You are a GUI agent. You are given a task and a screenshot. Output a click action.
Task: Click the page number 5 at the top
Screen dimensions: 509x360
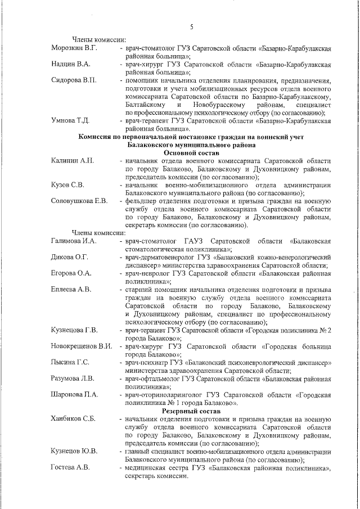(191, 26)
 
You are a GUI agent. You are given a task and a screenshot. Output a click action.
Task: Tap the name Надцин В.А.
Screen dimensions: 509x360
(70, 64)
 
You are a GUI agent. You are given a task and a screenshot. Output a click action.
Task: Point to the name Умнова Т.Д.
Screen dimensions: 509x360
(70, 120)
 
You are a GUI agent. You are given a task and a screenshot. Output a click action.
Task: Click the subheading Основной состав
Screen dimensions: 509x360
(191, 152)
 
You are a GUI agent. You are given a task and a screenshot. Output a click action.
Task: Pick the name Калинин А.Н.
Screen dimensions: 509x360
(71, 161)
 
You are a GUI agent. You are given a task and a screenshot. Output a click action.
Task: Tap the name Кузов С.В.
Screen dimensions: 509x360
(67, 185)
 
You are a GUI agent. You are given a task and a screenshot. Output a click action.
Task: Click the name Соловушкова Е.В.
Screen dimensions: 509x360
(79, 201)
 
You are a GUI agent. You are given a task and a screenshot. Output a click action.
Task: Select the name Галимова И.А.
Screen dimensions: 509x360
(74, 241)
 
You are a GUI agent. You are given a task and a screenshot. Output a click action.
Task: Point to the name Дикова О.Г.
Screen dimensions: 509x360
(70, 257)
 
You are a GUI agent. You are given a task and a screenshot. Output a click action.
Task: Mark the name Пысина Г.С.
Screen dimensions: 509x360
(70, 362)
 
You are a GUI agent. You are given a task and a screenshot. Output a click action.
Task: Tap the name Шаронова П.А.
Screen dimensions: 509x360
(74, 395)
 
